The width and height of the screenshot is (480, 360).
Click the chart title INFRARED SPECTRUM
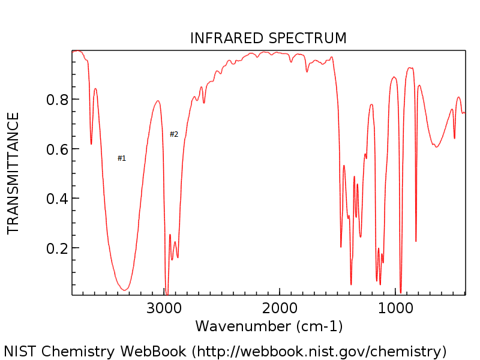click(x=268, y=38)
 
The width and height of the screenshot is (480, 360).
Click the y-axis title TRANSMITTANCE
click(x=13, y=173)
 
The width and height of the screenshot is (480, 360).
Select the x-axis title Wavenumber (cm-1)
click(x=268, y=326)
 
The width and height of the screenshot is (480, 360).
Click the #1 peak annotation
click(x=122, y=158)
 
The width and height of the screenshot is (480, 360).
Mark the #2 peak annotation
click(x=174, y=134)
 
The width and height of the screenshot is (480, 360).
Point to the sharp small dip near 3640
click(x=91, y=143)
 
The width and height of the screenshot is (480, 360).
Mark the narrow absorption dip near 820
click(x=416, y=241)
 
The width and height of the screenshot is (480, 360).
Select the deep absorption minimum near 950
click(x=401, y=292)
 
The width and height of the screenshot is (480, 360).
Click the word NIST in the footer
click(x=19, y=351)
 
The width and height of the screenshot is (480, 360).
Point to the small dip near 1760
click(x=307, y=71)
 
